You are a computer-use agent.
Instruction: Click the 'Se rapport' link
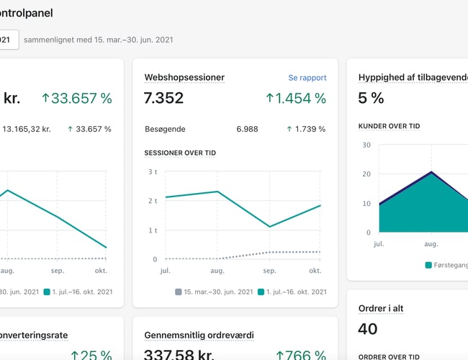[307, 78]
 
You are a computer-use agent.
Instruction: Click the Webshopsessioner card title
[184, 78]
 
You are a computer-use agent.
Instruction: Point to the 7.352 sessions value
[164, 99]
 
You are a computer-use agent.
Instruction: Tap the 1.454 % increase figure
[296, 99]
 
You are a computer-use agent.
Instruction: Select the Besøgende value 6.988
[247, 129]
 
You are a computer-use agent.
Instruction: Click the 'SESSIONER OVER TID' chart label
[180, 153]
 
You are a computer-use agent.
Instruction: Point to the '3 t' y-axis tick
[152, 172]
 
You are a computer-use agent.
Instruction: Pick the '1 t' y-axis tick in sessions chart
[152, 230]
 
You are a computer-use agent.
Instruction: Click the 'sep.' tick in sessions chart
[269, 271]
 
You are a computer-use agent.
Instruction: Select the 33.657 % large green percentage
[76, 99]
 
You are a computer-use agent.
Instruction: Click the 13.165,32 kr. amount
[27, 129]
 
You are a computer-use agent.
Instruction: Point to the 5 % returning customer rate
[371, 99]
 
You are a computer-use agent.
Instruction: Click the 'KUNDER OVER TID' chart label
[390, 126]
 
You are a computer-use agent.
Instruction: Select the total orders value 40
[368, 329]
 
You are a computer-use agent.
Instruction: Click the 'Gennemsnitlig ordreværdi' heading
[199, 335]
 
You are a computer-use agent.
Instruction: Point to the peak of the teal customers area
[431, 174]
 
